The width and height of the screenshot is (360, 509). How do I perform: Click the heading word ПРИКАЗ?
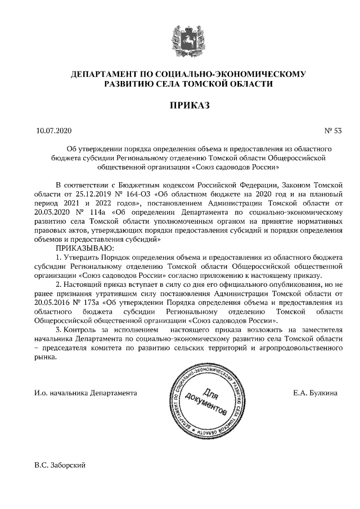(179, 106)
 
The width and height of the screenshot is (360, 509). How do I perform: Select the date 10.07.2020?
(54, 132)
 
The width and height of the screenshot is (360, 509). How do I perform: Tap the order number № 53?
(332, 132)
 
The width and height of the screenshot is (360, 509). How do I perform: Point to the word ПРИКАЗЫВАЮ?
(84, 248)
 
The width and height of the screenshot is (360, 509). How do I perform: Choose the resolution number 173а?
(90, 302)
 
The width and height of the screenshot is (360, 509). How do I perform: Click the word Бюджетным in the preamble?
(134, 185)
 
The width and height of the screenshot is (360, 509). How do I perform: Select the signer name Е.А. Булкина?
(315, 393)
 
